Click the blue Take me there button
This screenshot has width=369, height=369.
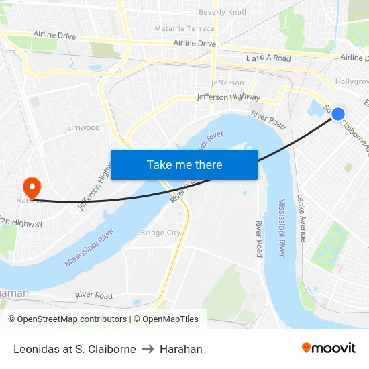tap(184, 164)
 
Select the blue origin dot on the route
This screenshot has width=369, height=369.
tap(338, 114)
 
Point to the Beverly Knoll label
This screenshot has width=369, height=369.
tap(222, 12)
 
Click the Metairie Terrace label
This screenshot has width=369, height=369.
tap(184, 29)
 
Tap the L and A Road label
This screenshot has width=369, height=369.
tap(268, 58)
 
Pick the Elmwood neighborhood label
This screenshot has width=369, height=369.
tap(83, 127)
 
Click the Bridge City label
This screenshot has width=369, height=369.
tap(160, 233)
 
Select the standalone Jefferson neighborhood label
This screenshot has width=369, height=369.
tap(227, 83)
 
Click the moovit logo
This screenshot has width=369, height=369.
tap(328, 348)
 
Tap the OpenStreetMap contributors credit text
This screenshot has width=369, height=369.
tap(67, 319)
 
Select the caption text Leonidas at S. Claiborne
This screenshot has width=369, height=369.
tap(74, 349)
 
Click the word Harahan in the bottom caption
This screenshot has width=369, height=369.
tap(180, 349)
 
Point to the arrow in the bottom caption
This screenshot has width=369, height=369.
tap(148, 349)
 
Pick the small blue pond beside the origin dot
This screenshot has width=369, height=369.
tap(314, 108)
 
